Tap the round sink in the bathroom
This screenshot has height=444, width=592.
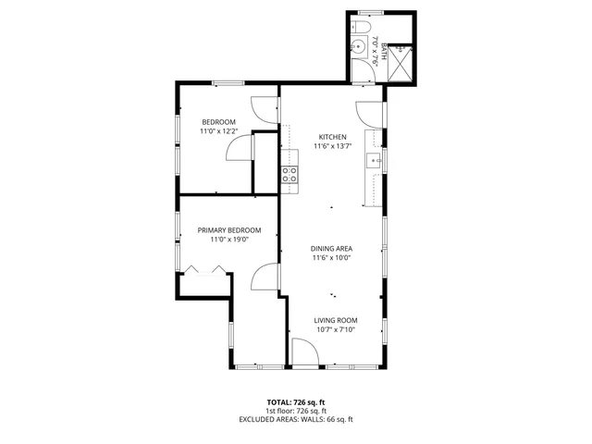[x=357, y=48]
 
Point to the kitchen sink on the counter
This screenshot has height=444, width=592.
[x=376, y=160]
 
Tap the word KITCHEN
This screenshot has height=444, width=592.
[x=332, y=136]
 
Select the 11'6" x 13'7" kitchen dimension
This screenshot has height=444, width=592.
[x=332, y=145]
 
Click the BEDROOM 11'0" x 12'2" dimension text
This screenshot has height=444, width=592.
[x=218, y=131]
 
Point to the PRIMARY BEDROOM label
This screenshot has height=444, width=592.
[x=228, y=230]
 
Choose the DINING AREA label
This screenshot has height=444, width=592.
[x=331, y=248]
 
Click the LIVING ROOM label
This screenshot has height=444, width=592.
[x=334, y=320]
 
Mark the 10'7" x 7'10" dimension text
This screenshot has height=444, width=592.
[x=334, y=329]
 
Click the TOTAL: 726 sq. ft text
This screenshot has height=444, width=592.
[x=296, y=402]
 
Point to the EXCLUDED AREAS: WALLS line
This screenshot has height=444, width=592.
[x=296, y=419]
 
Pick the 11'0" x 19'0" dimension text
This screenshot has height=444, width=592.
[x=228, y=240]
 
